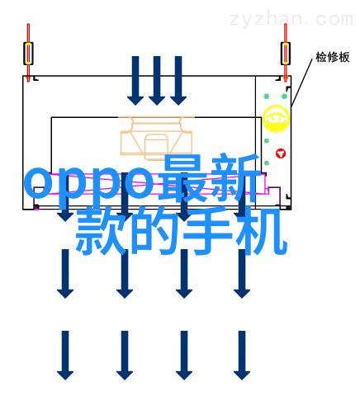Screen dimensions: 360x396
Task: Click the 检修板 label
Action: coord(332,57)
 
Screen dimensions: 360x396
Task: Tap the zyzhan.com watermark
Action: coord(291,20)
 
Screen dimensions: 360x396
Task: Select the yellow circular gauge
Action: coord(276,119)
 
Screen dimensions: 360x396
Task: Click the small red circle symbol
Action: coord(281,153)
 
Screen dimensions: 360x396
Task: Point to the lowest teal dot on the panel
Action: coord(267,163)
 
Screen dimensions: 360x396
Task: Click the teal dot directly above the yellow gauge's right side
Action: coord(284,97)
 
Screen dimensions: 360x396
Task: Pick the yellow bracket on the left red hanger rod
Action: coord(28,54)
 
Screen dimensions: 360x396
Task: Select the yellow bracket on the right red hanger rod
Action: coord(286,54)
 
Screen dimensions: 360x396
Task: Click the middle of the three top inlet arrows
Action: coord(157,81)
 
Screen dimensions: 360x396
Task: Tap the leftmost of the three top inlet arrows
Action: coord(135,81)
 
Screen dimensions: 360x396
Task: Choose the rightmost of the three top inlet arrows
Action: coord(178,81)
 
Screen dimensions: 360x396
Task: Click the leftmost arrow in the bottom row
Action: coord(65,356)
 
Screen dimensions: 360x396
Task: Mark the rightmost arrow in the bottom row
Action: coord(242,356)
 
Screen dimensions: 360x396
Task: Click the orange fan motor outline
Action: coord(156,139)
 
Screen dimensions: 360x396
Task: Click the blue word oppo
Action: coord(89,184)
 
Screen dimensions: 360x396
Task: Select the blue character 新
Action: coord(236,179)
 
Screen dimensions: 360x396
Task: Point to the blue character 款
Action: coord(102,230)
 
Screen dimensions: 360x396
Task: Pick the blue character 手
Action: coord(208,230)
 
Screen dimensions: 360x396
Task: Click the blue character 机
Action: coord(262,230)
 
